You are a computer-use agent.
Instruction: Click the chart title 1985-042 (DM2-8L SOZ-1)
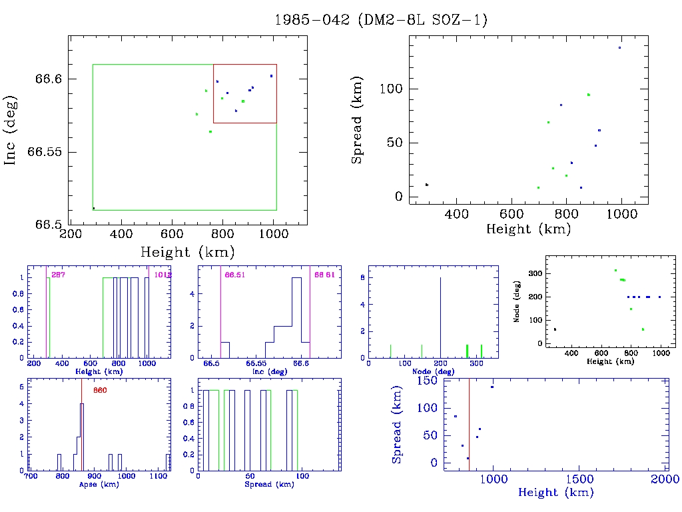[x=380, y=20]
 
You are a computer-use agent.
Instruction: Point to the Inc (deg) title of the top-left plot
[x=11, y=130]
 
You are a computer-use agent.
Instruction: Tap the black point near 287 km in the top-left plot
[x=94, y=208]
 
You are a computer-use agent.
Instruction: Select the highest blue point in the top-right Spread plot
[x=619, y=47]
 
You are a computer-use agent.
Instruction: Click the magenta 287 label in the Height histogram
[x=58, y=275]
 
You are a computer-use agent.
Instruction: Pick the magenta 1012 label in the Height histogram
[x=163, y=275]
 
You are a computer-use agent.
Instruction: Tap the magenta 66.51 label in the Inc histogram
[x=235, y=275]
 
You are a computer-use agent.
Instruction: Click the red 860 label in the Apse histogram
[x=99, y=391]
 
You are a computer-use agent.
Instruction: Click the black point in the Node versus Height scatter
[x=555, y=329]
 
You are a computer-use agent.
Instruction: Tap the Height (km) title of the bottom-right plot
[x=555, y=493]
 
